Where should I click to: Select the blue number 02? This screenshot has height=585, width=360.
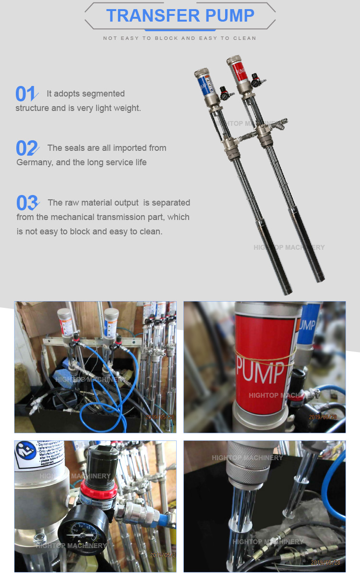click(x=27, y=148)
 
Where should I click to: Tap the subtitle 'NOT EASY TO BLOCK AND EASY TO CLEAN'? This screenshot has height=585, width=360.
click(x=180, y=38)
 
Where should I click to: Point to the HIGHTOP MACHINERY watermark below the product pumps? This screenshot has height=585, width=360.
click(x=289, y=247)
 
